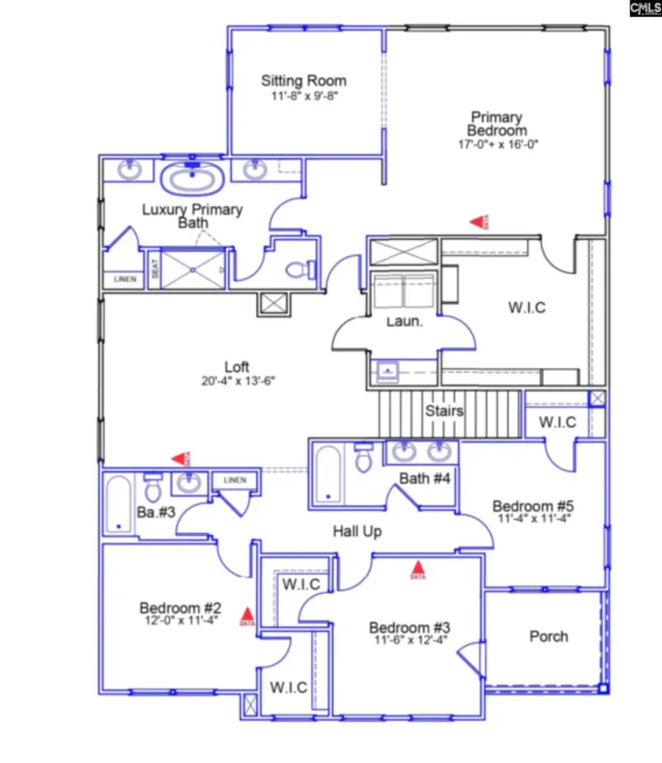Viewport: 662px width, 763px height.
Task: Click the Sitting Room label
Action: tap(303, 81)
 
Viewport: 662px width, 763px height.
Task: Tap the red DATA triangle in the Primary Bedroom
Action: tap(479, 221)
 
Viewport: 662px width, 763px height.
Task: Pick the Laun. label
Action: tap(404, 321)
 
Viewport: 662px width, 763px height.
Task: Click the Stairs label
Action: tap(444, 411)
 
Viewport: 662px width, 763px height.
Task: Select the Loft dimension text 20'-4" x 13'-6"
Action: tap(237, 381)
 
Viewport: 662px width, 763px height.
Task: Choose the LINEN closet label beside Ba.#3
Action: tap(235, 481)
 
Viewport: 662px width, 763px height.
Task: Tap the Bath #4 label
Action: tap(424, 479)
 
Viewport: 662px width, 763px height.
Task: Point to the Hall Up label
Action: tap(357, 531)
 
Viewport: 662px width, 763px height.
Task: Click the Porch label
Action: tap(549, 637)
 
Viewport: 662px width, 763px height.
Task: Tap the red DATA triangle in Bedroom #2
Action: tap(248, 615)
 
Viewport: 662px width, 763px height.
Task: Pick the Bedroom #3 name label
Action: tap(409, 628)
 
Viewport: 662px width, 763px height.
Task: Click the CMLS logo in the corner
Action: tap(645, 8)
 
